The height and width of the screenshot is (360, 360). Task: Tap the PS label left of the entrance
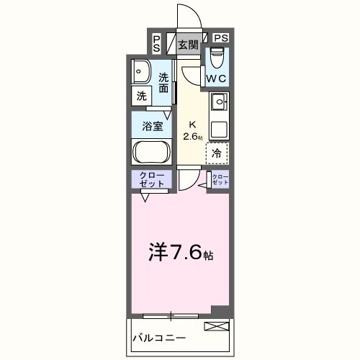tap(157, 42)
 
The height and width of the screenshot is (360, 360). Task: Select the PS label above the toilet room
tap(220, 38)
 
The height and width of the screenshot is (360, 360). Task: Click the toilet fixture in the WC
tap(217, 56)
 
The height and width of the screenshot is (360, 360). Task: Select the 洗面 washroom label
tap(164, 83)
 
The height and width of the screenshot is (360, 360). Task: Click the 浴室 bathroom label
tap(151, 126)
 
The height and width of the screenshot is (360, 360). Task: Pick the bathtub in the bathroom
tap(151, 153)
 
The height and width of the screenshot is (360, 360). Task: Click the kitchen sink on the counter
tap(219, 101)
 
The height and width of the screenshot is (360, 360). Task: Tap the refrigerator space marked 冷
tap(217, 153)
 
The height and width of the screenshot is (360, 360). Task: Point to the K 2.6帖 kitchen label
tap(193, 130)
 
